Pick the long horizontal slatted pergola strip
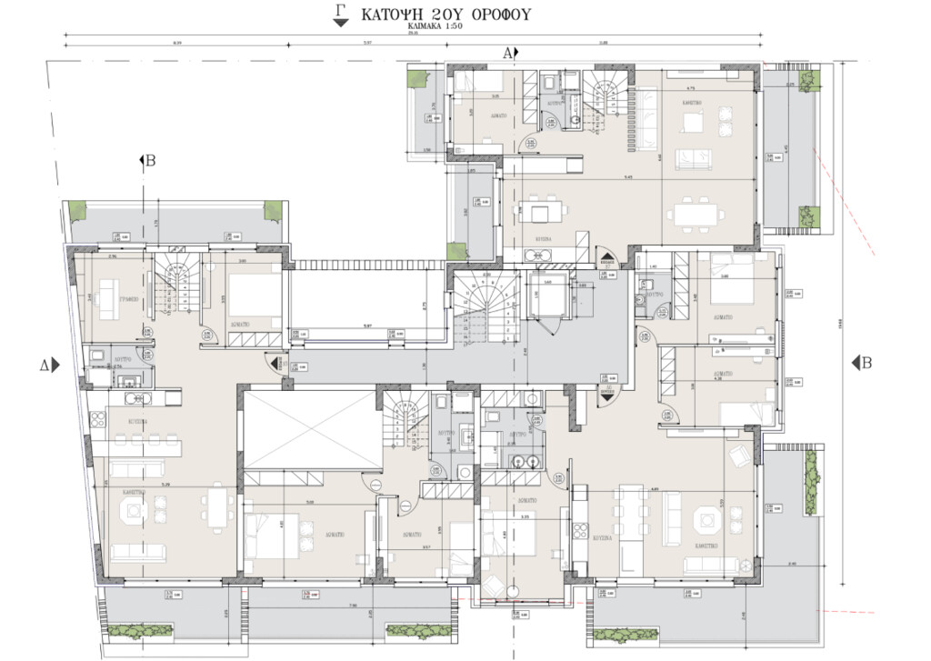(367, 265)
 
